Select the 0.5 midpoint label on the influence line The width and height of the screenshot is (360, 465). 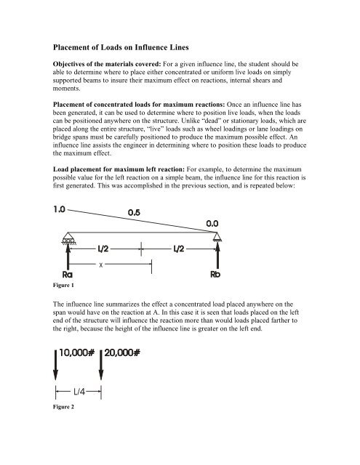pyautogui.click(x=140, y=214)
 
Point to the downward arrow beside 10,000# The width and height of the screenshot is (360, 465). pyautogui.click(x=56, y=368)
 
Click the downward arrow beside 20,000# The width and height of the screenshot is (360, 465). pyautogui.click(x=101, y=368)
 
